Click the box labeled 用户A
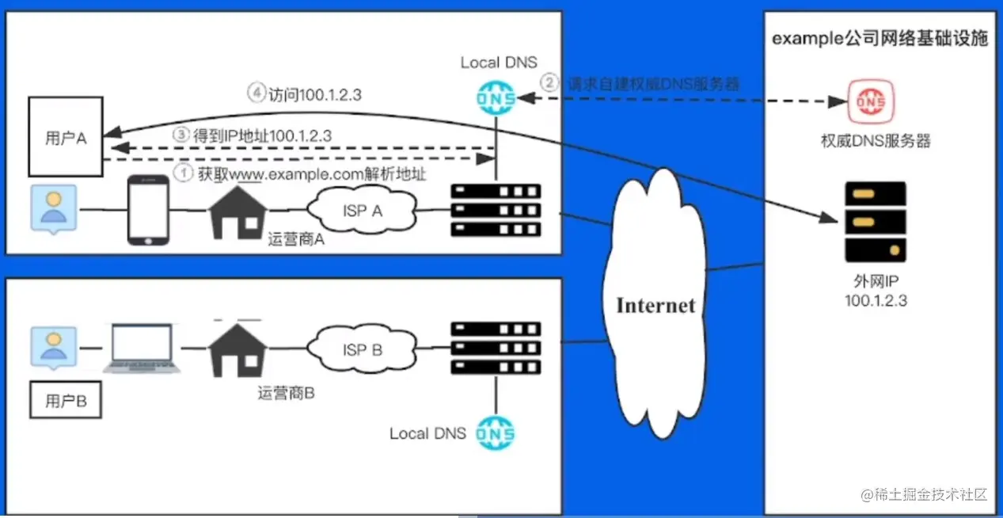click(65, 136)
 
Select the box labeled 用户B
click(65, 401)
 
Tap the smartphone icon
click(149, 210)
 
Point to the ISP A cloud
click(362, 210)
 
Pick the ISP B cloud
click(362, 349)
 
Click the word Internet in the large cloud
click(655, 305)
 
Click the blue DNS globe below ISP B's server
click(496, 433)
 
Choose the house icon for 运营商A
click(237, 211)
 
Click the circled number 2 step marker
click(549, 82)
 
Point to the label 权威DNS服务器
click(876, 141)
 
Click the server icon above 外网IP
click(875, 222)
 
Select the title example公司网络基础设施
click(880, 39)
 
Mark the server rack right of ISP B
click(496, 348)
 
